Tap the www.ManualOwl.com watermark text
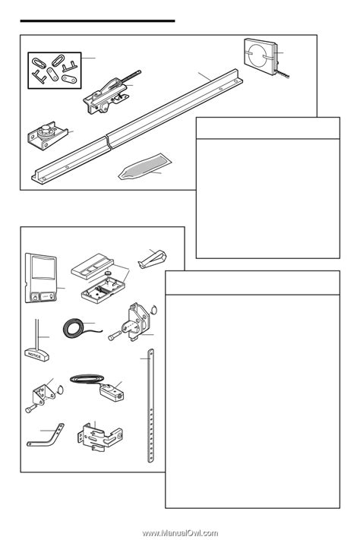(180, 533)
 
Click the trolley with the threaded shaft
(109, 93)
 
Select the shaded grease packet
(145, 166)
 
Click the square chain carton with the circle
(261, 55)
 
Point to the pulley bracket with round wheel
(48, 136)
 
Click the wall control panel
(41, 277)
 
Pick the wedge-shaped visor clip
(152, 259)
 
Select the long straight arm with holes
(150, 406)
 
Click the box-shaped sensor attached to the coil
(112, 393)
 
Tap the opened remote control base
(101, 291)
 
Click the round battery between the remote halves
(109, 273)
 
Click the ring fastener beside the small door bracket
(59, 390)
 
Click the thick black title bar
(97, 21)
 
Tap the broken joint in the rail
(108, 142)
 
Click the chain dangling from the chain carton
(283, 74)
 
